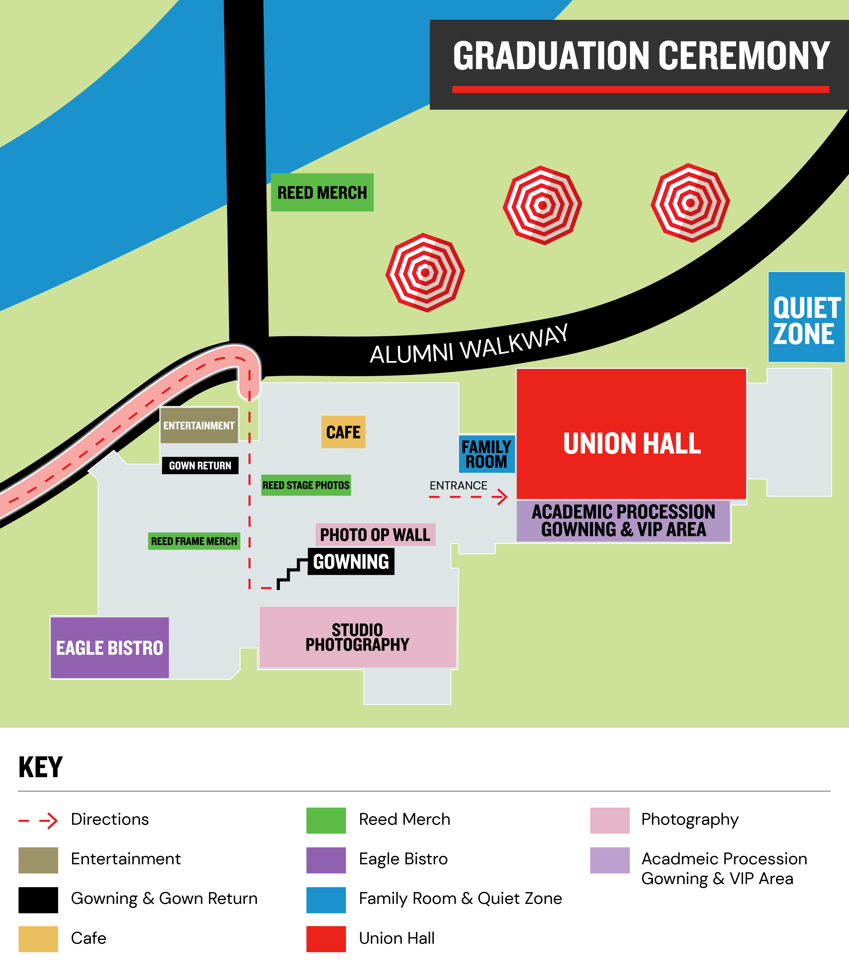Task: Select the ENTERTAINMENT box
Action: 199,425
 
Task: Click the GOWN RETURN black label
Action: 200,465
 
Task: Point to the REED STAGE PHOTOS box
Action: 306,485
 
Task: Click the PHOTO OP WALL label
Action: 375,534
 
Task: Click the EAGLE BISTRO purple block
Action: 109,648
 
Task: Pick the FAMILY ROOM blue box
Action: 487,454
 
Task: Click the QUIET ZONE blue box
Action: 806,317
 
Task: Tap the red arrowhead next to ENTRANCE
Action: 501,497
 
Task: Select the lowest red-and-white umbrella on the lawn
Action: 425,272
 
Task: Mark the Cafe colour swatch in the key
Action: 38,938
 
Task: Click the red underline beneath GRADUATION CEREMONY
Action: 641,89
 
